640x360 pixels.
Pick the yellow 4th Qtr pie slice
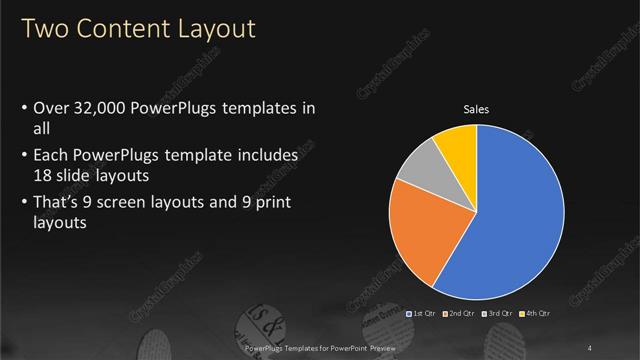[458, 145]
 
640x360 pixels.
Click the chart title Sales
[475, 109]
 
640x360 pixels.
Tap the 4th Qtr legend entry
[536, 314]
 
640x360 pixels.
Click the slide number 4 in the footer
[590, 348]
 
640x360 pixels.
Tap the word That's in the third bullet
[59, 205]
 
